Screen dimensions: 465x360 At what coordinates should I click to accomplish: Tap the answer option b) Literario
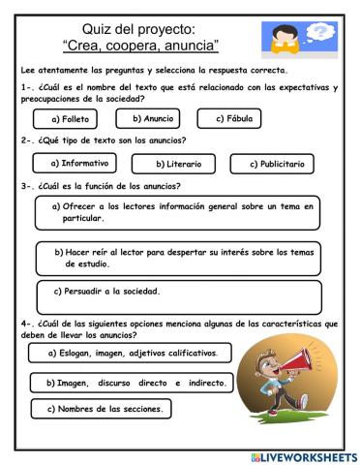[x=180, y=166]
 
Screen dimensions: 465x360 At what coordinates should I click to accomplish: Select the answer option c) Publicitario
[x=276, y=165]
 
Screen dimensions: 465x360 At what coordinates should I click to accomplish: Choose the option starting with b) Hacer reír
[x=185, y=256]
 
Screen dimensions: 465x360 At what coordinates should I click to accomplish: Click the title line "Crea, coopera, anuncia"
[x=140, y=46]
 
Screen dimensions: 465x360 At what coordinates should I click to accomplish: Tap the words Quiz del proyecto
[x=140, y=29]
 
